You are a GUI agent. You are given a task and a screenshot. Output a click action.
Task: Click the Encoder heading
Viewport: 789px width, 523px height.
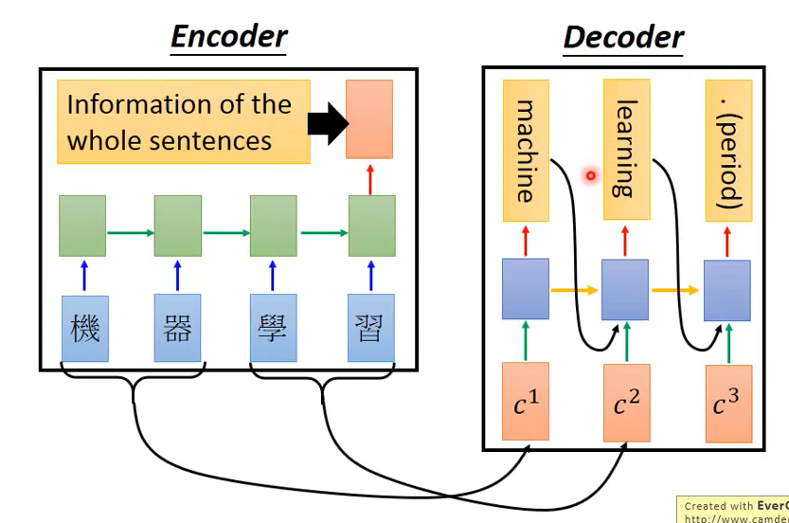[228, 36]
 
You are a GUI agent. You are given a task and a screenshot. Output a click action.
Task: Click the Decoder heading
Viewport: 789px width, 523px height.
[622, 38]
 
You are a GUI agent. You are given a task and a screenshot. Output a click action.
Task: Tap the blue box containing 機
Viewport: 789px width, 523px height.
[84, 328]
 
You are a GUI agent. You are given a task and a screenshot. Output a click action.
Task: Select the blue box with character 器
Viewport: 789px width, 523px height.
[178, 328]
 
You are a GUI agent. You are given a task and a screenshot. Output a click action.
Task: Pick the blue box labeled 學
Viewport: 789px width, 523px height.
[273, 328]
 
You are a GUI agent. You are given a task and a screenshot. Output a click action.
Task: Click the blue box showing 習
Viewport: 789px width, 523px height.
[370, 328]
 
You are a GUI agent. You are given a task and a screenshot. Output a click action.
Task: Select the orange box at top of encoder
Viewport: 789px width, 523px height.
[369, 118]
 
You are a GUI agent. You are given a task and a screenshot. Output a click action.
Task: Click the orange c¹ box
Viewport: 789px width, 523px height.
[526, 402]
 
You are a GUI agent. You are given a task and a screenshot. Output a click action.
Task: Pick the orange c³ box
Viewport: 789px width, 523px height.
[728, 402]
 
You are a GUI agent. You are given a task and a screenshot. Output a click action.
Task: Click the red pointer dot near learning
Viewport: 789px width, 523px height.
[590, 175]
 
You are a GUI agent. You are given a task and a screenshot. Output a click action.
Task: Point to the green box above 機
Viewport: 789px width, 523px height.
[82, 225]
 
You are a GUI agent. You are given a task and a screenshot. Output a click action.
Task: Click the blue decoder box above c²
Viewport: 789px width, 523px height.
[625, 290]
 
